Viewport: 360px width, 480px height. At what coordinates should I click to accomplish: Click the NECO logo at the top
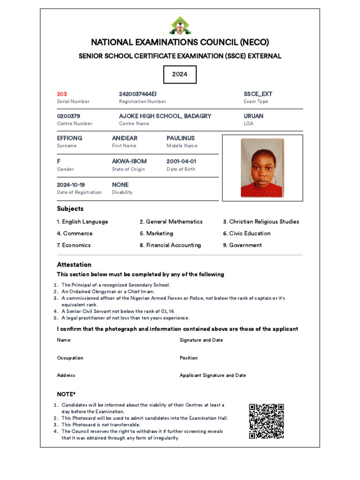coord(180,26)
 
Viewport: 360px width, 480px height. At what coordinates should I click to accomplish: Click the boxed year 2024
coord(180,74)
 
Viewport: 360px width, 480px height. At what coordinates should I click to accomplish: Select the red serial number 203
coord(62,94)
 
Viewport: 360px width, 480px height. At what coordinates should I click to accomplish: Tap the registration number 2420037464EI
coord(138,94)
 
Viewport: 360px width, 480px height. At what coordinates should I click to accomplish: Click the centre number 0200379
coord(68,116)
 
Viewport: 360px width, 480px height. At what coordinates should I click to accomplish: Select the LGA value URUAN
coord(254,116)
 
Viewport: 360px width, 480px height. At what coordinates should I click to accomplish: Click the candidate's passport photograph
coord(262,167)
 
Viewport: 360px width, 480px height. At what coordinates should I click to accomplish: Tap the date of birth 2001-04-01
coord(181,161)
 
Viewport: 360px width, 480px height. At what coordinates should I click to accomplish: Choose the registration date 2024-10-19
coord(71,185)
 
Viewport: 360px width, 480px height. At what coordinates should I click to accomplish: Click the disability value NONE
coord(120,185)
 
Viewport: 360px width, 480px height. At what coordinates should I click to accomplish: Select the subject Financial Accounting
coord(170,245)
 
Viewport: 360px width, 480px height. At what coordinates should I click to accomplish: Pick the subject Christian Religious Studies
coord(261,222)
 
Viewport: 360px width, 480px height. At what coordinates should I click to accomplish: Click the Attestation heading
coord(74,264)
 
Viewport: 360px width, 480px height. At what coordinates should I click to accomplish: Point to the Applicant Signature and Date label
coord(213,375)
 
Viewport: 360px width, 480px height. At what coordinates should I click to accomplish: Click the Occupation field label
coord(70,358)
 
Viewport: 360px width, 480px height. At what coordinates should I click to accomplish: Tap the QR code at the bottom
coord(266,421)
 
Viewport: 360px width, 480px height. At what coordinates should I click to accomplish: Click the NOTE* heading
coord(66,394)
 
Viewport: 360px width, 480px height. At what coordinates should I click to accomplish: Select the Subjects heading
coord(70,209)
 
